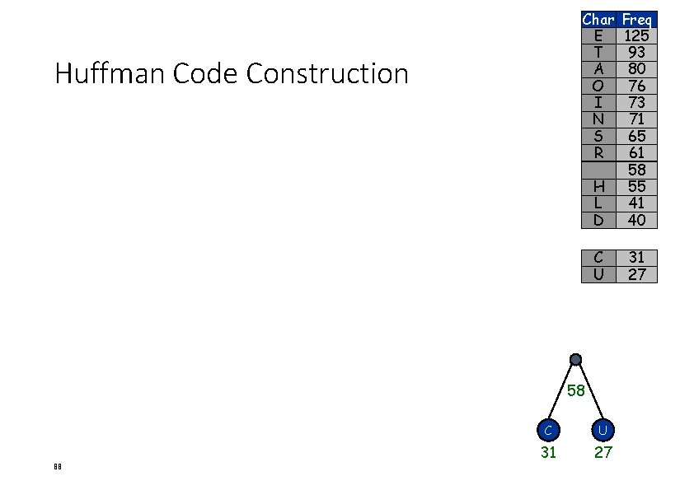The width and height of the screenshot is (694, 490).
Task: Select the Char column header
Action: (598, 19)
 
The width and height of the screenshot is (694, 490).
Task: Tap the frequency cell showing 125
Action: (636, 35)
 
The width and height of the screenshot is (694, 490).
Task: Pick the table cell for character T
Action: (598, 52)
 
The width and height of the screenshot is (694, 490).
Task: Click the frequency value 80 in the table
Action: (636, 69)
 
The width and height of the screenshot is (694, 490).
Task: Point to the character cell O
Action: (598, 86)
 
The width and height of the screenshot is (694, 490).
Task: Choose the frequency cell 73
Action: (636, 102)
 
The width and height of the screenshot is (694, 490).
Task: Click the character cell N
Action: (598, 119)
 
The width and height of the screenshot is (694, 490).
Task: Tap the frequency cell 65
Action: (636, 136)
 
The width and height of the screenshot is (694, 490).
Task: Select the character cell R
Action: (598, 152)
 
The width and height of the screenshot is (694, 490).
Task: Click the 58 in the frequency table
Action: (636, 170)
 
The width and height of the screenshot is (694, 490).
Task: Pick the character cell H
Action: (598, 186)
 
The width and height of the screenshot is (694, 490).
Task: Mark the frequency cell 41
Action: (636, 203)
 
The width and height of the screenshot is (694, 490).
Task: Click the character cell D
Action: (598, 220)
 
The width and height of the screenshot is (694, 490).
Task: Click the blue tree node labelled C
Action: (548, 429)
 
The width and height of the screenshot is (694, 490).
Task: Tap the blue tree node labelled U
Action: (603, 429)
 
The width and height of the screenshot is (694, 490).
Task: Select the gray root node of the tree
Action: (575, 359)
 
